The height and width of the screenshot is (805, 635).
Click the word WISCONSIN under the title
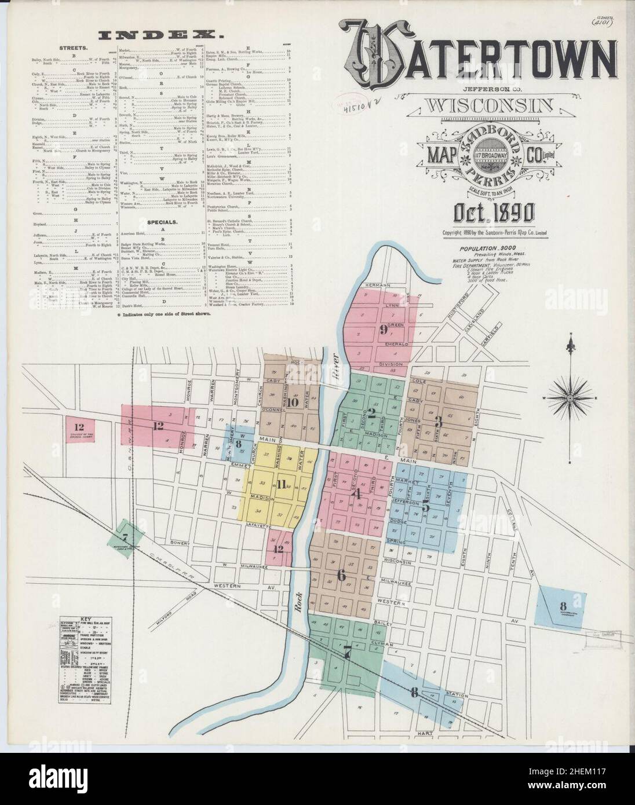point(491,108)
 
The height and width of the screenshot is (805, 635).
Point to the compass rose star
point(571,398)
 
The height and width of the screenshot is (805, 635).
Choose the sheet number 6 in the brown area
point(341,576)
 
